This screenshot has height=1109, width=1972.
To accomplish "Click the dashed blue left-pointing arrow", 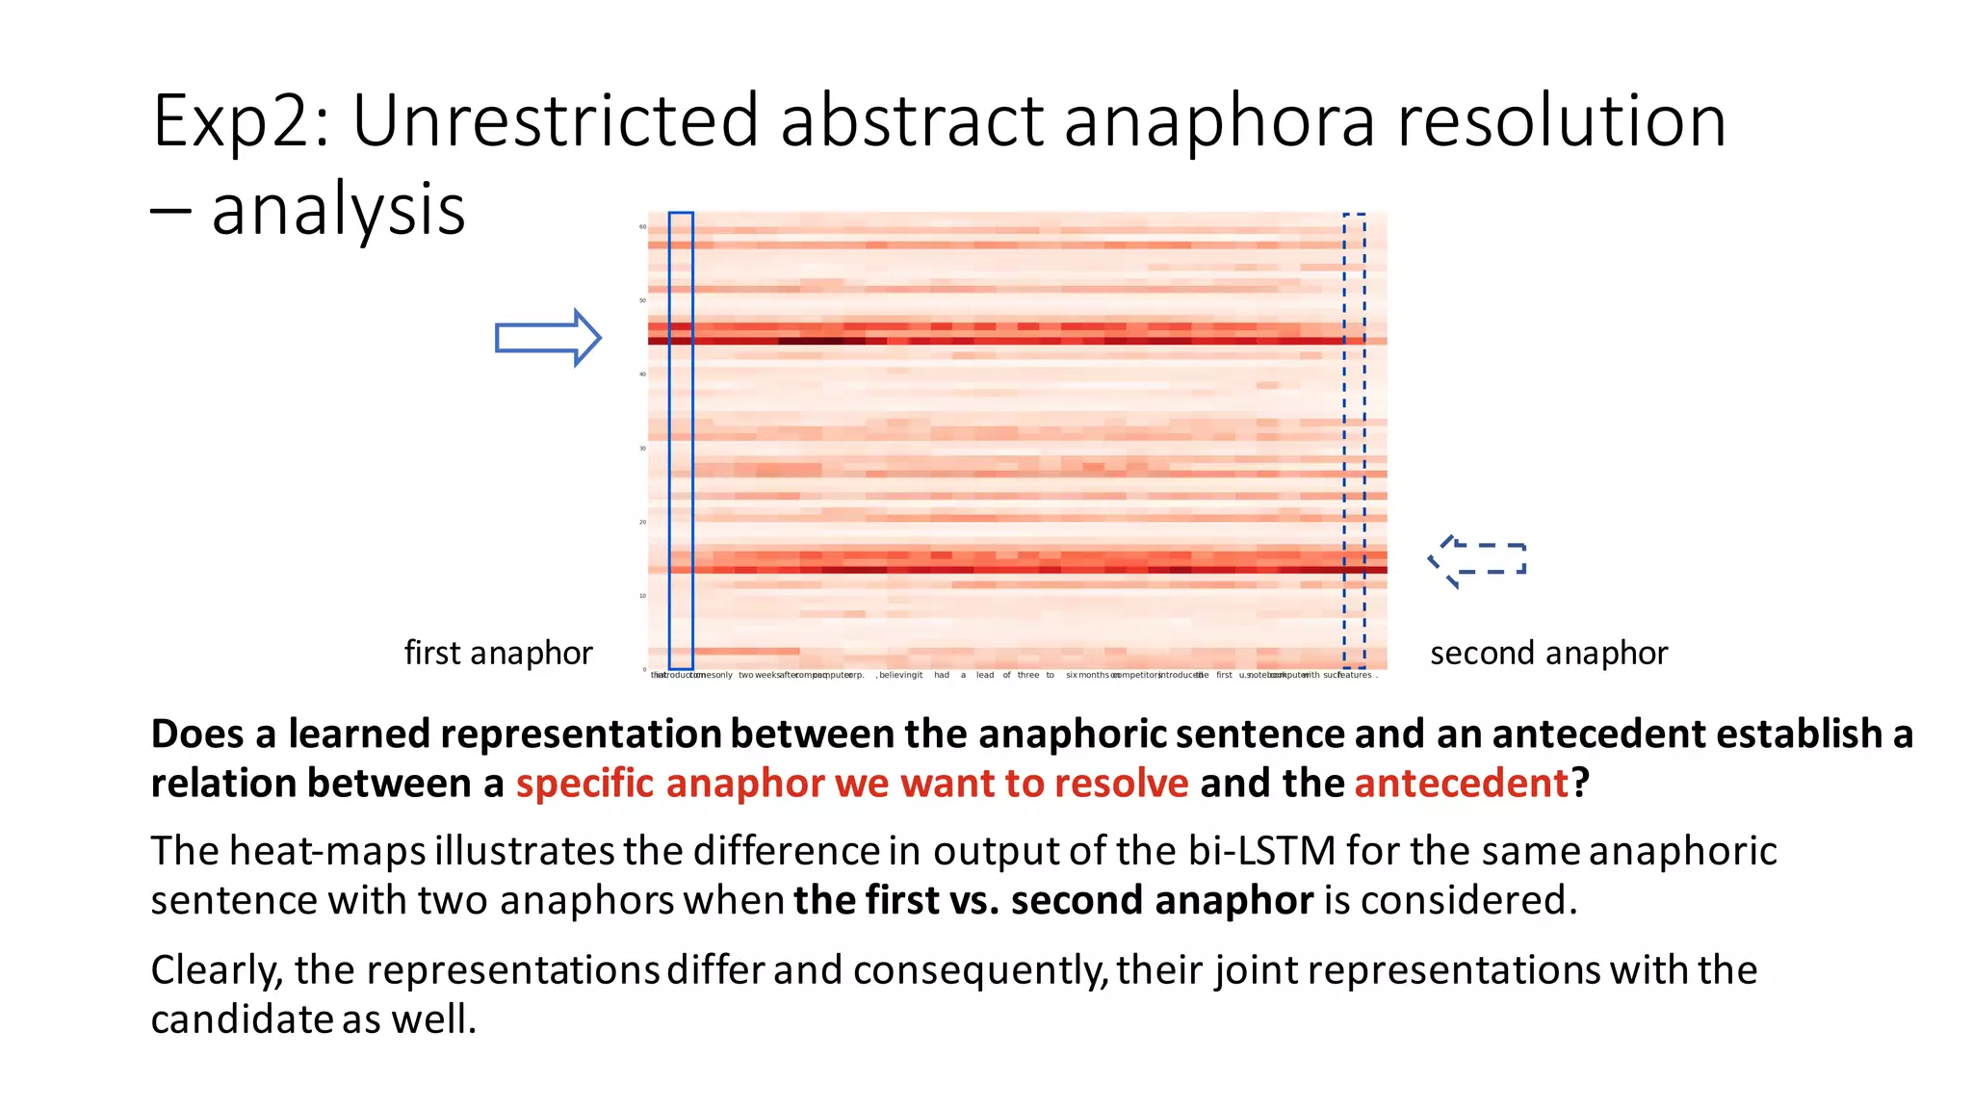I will [x=1478, y=560].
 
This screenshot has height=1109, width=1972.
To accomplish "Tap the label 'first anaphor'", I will [x=498, y=653].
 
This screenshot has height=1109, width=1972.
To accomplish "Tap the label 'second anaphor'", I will [x=1548, y=653].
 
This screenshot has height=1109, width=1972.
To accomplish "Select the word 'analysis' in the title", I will [x=338, y=210].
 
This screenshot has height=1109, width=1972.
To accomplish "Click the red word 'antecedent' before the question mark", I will [x=1462, y=783].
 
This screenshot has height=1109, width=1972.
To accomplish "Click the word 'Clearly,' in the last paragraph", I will [x=217, y=970].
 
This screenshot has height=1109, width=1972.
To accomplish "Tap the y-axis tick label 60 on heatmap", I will [x=642, y=227].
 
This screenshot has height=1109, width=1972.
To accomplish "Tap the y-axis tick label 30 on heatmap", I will [x=642, y=449].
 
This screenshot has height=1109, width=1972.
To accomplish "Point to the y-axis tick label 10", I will [x=642, y=596].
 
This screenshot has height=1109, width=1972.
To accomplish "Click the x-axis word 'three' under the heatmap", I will [x=1028, y=675].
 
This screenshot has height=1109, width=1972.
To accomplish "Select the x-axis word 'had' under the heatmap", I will [x=942, y=675].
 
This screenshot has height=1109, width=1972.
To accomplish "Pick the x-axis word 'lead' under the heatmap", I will [x=985, y=675].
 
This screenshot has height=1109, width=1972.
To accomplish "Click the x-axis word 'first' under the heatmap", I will [x=1224, y=675].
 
